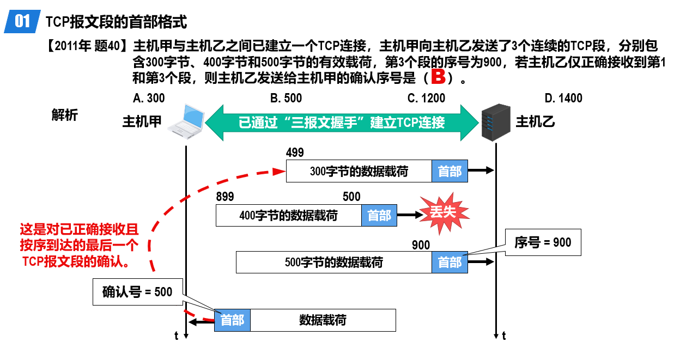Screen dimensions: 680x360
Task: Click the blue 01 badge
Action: (x=22, y=21)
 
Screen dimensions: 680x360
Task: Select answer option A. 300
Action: (x=149, y=98)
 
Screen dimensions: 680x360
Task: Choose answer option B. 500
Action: (x=286, y=98)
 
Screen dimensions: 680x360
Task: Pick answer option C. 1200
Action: (x=426, y=98)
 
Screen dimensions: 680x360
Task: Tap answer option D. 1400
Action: (x=563, y=98)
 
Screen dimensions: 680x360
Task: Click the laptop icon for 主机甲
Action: (x=186, y=121)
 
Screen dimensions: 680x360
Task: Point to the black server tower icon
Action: (x=496, y=123)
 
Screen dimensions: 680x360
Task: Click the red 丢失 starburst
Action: (x=444, y=213)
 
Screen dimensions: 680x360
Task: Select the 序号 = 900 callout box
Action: (x=543, y=242)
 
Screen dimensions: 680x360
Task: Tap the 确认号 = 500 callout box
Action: (x=138, y=292)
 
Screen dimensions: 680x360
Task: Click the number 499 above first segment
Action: (x=295, y=152)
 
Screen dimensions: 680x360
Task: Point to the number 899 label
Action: (x=225, y=197)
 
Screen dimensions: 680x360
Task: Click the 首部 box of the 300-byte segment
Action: (x=450, y=171)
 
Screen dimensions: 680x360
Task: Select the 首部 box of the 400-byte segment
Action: (x=379, y=216)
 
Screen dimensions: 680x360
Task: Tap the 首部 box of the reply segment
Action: (x=232, y=320)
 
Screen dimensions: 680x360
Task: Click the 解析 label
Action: (x=65, y=115)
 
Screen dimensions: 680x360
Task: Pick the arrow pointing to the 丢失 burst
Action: (x=410, y=215)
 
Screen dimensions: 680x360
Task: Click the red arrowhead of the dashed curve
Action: (x=279, y=172)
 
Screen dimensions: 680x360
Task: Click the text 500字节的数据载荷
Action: (x=334, y=263)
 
